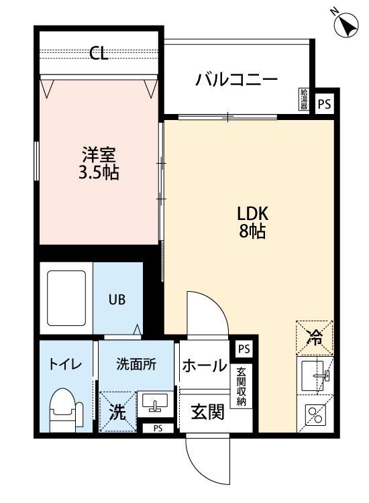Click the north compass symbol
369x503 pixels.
tap(346, 26)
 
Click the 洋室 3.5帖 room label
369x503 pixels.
tap(99, 164)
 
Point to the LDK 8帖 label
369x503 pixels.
tap(252, 223)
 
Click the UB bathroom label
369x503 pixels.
tap(117, 300)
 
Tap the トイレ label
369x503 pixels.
tap(64, 365)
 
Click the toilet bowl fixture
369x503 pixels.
tap(64, 409)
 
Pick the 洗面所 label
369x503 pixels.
tap(136, 365)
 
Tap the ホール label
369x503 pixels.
tap(204, 366)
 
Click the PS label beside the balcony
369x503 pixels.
tap(325, 104)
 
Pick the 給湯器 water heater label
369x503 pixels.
tap(303, 100)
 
